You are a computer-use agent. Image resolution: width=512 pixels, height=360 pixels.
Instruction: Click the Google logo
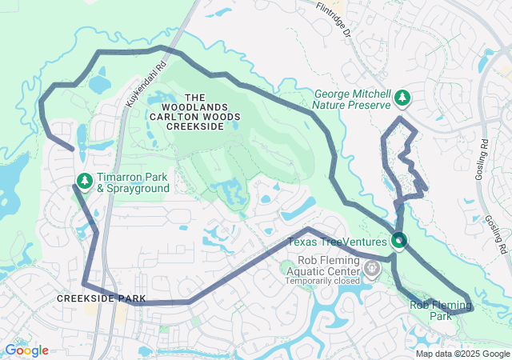click(x=26, y=350)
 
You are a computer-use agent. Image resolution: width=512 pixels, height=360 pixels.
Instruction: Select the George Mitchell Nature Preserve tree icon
click(x=403, y=98)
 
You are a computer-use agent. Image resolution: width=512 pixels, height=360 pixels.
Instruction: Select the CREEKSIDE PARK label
click(x=101, y=298)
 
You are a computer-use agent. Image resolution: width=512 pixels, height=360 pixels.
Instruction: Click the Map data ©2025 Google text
click(x=462, y=354)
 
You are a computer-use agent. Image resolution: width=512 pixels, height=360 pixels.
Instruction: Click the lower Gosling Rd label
click(x=498, y=234)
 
